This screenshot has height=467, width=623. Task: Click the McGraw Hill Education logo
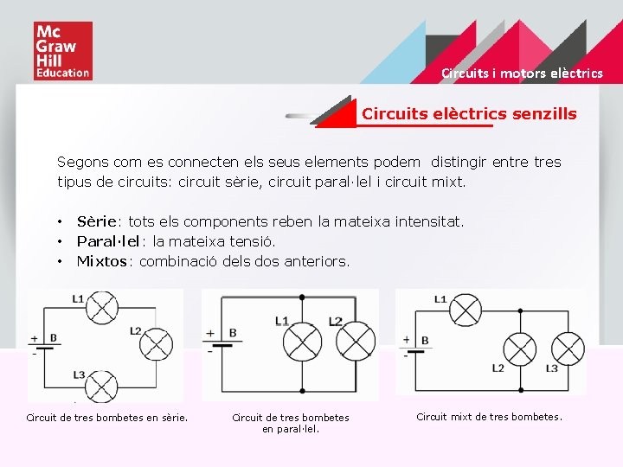(x=62, y=52)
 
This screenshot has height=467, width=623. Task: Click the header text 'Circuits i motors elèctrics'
(x=522, y=74)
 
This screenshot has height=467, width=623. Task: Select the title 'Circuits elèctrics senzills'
(x=469, y=114)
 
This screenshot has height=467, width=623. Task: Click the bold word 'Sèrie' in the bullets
(x=96, y=222)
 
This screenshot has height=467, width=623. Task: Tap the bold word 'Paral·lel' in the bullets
(x=108, y=242)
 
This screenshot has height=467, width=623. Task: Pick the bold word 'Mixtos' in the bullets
(x=102, y=261)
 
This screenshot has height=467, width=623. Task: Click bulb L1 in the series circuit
(x=105, y=306)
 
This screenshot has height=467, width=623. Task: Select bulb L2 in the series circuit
(x=156, y=344)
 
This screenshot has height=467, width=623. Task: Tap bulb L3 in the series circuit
(x=105, y=381)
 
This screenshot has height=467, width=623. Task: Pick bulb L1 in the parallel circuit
(x=303, y=342)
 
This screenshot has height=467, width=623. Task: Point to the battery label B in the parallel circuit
(x=234, y=332)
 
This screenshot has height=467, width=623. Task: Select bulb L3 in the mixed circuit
(x=568, y=349)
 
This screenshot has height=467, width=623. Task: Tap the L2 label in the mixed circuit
(x=498, y=368)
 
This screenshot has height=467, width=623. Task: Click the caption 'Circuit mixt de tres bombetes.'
(x=489, y=417)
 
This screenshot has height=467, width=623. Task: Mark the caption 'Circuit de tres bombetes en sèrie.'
(x=107, y=419)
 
